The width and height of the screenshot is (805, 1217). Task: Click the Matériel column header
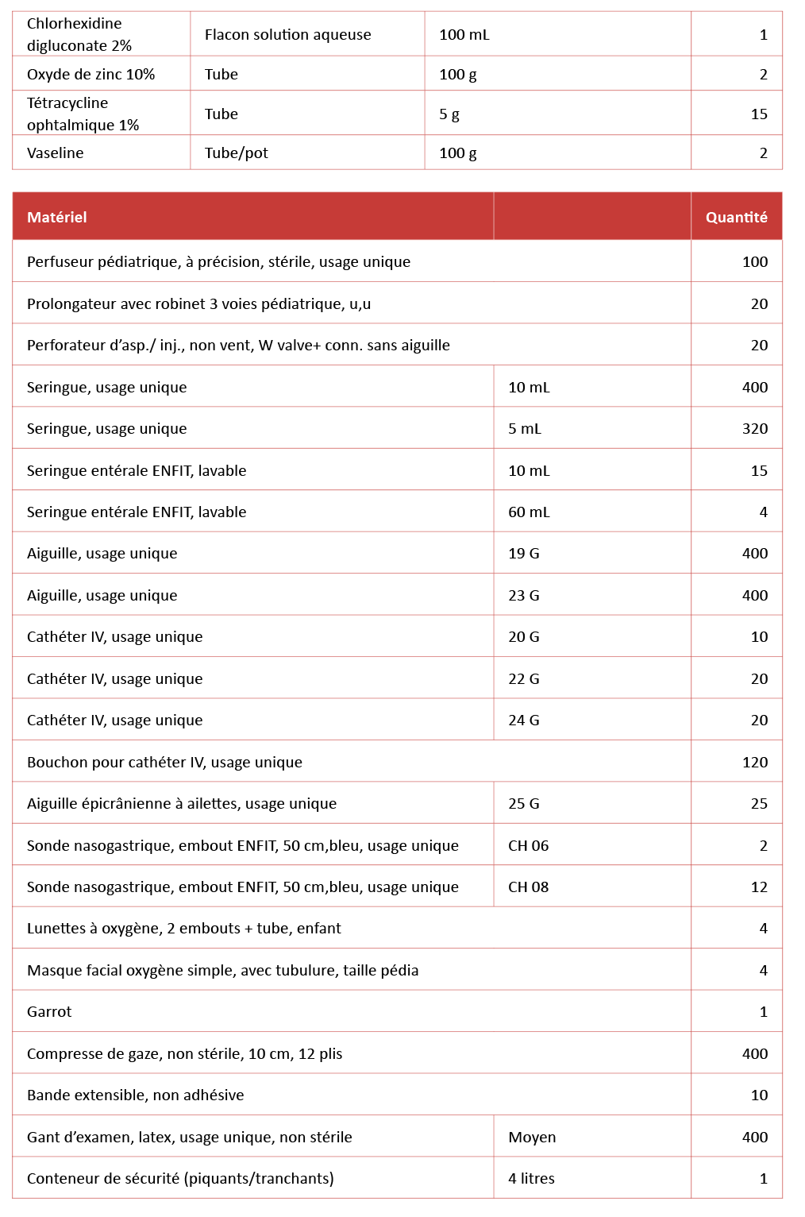click(x=57, y=217)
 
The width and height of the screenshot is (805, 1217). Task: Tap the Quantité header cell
click(x=736, y=217)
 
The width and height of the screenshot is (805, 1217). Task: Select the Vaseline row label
click(x=56, y=153)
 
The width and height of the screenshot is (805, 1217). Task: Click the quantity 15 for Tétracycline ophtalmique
click(x=758, y=114)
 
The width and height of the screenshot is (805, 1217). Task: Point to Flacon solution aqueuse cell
click(x=287, y=34)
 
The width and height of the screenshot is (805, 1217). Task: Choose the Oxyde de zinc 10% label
click(x=91, y=74)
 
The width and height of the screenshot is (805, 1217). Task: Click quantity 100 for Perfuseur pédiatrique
click(x=754, y=261)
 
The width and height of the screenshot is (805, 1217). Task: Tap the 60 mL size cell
click(x=529, y=512)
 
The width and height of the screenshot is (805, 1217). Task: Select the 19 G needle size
click(x=523, y=553)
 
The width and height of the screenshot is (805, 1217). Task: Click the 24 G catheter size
click(x=523, y=720)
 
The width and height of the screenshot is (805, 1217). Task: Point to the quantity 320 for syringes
click(x=754, y=428)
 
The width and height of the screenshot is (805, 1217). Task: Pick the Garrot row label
click(x=49, y=1011)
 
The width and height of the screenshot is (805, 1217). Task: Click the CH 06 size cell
click(x=528, y=845)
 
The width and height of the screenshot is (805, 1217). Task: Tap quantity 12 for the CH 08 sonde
click(x=758, y=887)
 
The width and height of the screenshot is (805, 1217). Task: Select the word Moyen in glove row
click(x=532, y=1137)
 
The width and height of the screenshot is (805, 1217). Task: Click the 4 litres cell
click(x=531, y=1178)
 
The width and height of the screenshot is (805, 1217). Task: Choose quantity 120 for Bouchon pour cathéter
click(x=754, y=762)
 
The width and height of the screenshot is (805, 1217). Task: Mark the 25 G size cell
click(x=523, y=803)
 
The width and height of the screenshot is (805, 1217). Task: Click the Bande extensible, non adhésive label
click(x=135, y=1095)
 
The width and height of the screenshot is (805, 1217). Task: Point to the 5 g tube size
click(x=449, y=114)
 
